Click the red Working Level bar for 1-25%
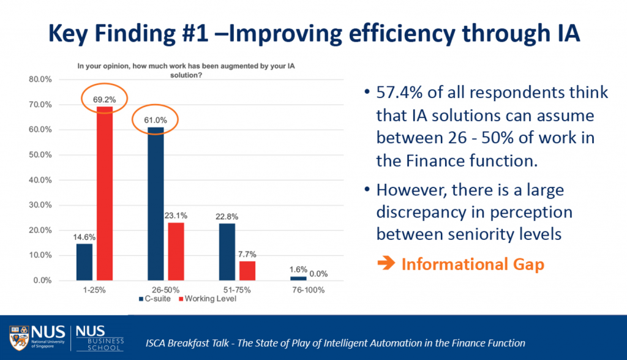click(x=105, y=193)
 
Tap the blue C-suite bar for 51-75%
click(x=227, y=252)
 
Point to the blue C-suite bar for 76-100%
click(x=298, y=279)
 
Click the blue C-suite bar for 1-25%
click(x=84, y=262)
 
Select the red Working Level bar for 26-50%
click(x=175, y=251)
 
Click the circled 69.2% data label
click(x=105, y=99)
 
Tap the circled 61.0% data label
click(x=156, y=119)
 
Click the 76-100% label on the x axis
click(x=307, y=290)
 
